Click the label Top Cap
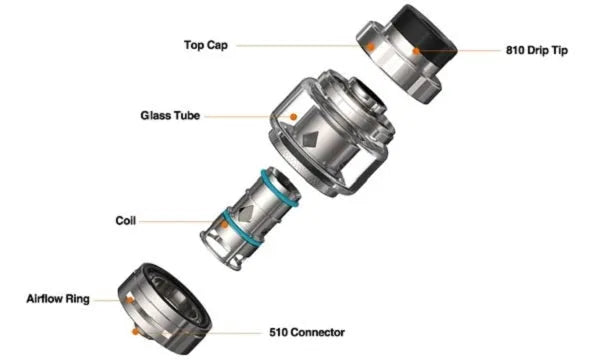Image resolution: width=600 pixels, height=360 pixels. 206,45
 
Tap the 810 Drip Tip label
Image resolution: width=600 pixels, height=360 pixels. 537,50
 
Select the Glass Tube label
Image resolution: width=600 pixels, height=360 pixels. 170,116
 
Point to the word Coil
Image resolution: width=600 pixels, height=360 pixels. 126,221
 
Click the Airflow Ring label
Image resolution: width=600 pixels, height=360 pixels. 58,299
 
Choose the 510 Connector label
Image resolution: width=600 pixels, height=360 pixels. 307,332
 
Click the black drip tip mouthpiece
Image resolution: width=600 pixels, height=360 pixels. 425,35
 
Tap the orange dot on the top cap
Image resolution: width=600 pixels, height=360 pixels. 370,47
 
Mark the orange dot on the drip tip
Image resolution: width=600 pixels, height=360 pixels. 416,51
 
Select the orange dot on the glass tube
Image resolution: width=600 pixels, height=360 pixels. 293,117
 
